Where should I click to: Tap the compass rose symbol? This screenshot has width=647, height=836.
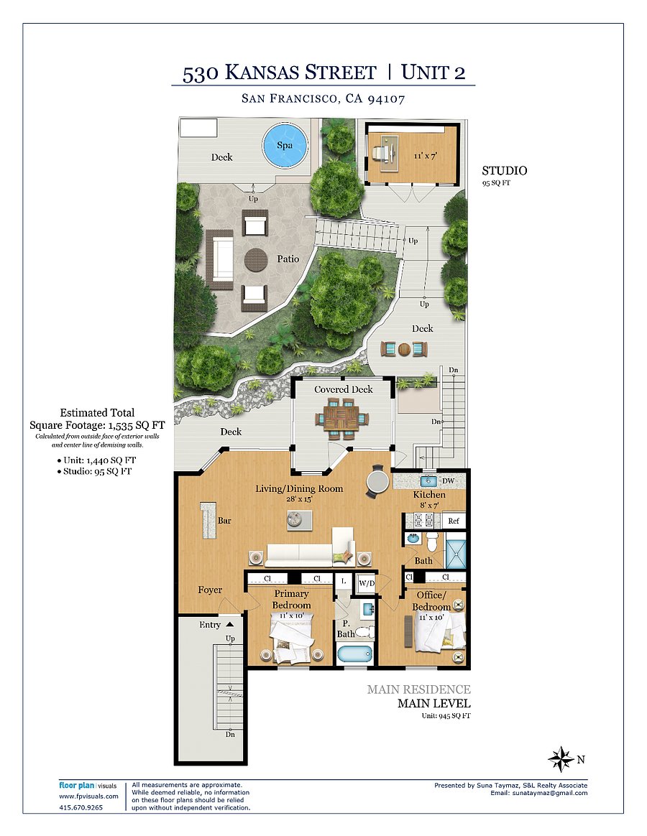(561, 758)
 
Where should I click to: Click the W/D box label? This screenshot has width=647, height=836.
(366, 583)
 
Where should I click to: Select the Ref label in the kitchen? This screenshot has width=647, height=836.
(453, 521)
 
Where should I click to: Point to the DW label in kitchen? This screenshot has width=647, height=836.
(449, 481)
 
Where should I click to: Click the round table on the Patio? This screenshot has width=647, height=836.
(256, 260)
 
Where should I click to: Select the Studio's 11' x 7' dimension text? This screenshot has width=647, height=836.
(425, 157)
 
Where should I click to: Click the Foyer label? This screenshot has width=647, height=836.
(210, 590)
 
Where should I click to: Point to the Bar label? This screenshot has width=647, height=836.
(224, 521)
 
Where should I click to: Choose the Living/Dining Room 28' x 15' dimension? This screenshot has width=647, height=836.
(299, 499)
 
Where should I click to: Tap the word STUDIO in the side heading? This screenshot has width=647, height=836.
(505, 171)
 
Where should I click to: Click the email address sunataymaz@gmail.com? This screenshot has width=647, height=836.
(550, 794)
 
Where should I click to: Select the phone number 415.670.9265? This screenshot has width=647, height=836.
(81, 807)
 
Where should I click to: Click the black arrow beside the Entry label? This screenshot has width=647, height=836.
(229, 624)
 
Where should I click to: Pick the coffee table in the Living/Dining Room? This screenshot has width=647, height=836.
(299, 520)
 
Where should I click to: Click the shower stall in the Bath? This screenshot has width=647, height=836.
(456, 554)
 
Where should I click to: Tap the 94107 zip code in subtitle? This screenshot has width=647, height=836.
(386, 98)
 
